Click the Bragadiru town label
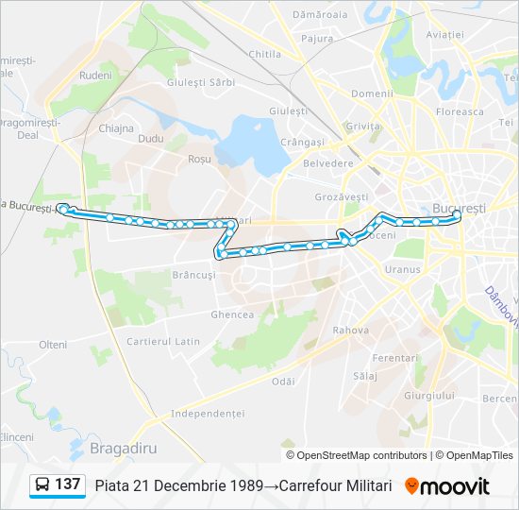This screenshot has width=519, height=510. (x=123, y=446)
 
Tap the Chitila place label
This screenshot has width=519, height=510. (x=264, y=54)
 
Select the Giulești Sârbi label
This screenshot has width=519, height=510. (x=200, y=82)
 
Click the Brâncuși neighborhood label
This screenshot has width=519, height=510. (x=194, y=275)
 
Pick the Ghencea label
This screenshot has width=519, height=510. (x=232, y=314)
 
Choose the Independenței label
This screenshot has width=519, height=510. (x=208, y=414)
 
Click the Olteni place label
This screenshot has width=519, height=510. (x=53, y=345)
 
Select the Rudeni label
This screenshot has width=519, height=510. (x=95, y=75)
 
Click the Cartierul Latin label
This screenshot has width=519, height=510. (x=163, y=341)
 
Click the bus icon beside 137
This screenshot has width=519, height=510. (x=42, y=485)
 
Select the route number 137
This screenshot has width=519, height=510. (x=67, y=484)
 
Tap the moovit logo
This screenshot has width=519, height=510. (x=447, y=485)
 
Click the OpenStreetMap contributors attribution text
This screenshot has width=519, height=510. (x=361, y=455)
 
